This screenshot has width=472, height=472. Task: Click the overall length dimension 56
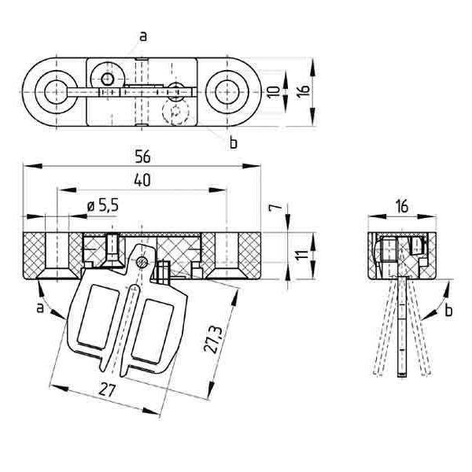142,157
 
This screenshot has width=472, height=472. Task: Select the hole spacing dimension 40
142,180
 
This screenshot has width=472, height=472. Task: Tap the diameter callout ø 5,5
102,206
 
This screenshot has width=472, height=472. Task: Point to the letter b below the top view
233,142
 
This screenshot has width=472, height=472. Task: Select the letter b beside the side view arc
448,312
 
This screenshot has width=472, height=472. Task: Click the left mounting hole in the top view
54,91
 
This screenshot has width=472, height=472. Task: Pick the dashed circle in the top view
177,112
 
